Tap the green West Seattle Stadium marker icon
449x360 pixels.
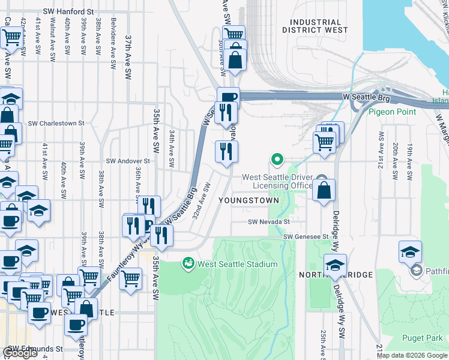click(188, 263)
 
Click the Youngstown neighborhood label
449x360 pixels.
click(249, 200)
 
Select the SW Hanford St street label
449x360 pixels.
click(70, 11)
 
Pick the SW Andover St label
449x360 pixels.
click(128, 161)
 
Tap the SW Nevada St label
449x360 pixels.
click(269, 221)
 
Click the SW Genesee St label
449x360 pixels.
click(306, 236)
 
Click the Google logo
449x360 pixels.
click(20, 353)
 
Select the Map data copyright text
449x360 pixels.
click(411, 355)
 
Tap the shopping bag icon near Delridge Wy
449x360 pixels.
click(324, 190)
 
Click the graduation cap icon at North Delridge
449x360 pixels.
click(336, 265)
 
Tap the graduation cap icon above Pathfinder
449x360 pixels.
click(410, 251)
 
